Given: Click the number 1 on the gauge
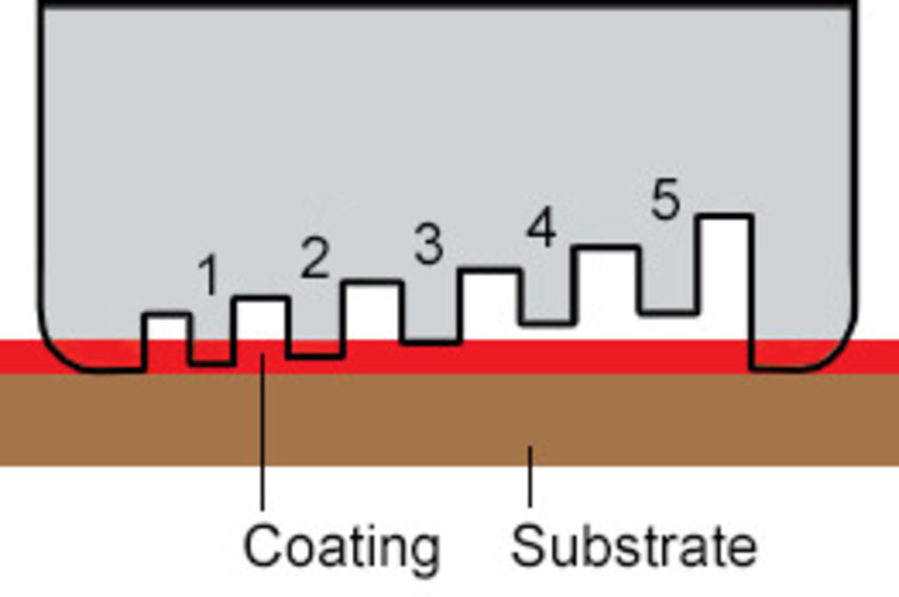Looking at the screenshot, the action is click(x=210, y=275).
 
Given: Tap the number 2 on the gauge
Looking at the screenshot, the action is click(x=315, y=257).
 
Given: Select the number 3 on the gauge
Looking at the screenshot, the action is click(x=429, y=244).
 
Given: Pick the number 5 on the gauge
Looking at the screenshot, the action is click(x=666, y=199).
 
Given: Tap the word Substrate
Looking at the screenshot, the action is click(x=634, y=545).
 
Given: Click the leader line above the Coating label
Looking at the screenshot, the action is click(x=262, y=432).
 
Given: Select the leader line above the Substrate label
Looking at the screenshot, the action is click(x=530, y=476).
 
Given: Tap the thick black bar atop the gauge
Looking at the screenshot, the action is click(x=447, y=3).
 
